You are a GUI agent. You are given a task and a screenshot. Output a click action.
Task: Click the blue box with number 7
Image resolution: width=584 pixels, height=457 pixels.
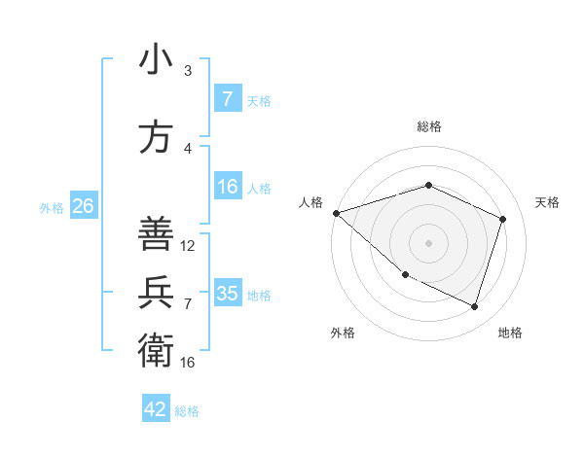[x=227, y=98]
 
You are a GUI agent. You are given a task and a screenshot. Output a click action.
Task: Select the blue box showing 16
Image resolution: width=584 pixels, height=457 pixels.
[x=227, y=187]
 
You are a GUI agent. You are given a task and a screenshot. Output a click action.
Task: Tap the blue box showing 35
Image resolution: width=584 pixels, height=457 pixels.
[x=227, y=293]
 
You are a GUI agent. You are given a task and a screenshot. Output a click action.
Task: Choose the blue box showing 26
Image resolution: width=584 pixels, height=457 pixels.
[x=83, y=205]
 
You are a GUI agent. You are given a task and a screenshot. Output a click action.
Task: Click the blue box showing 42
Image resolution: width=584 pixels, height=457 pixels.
[x=156, y=409]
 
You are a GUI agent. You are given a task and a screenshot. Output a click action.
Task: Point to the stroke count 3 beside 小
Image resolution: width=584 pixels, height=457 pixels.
[x=188, y=71]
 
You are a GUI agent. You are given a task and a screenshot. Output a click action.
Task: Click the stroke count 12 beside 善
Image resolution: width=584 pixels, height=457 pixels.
[x=188, y=246]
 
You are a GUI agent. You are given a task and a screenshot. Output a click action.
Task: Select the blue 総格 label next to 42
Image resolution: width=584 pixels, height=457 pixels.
[x=187, y=411]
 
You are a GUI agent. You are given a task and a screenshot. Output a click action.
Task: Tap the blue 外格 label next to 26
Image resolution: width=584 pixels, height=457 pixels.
[x=52, y=207]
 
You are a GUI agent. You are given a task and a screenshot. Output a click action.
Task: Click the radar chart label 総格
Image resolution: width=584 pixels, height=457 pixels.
[x=428, y=126]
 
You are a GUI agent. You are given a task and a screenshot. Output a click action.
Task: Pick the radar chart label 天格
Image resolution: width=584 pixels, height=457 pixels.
[x=547, y=202]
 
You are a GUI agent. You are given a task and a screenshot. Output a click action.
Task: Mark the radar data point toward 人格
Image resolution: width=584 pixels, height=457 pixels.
[x=336, y=213]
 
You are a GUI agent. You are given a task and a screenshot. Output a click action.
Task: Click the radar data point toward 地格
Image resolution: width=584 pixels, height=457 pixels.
[x=474, y=306]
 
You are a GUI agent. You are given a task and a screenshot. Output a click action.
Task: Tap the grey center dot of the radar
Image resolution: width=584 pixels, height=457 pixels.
[x=428, y=243]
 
